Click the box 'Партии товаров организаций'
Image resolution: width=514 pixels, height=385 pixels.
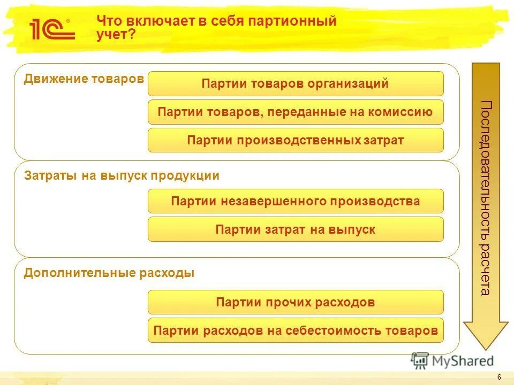296,84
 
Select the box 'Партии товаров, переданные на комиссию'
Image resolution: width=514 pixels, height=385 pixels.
296,112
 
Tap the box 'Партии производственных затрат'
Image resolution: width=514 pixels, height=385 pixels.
296,140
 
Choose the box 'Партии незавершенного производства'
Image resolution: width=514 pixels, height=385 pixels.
296,201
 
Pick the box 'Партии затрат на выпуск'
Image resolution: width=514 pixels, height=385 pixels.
296,229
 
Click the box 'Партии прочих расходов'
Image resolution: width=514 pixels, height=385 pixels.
296,302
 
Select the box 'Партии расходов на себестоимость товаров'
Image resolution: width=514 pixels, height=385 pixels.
296,330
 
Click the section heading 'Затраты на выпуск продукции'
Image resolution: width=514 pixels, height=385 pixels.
122,176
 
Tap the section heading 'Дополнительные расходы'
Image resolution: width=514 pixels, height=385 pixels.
109,273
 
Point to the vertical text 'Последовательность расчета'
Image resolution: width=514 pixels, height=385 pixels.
485,198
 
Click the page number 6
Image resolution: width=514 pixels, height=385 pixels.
499,378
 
